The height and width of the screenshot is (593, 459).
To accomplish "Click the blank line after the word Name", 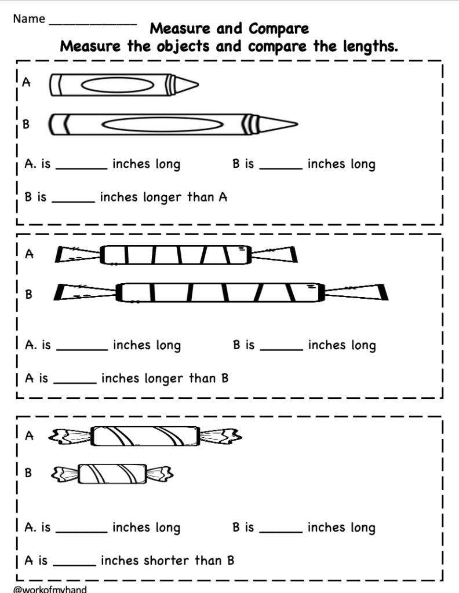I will (93, 23).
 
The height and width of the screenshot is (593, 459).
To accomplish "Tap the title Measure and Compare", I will (230, 28).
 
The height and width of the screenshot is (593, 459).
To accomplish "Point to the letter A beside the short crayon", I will (26, 82).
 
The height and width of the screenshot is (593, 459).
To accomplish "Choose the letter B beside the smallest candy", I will (27, 473).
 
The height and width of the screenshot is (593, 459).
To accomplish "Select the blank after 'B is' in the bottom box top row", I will (280, 530).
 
